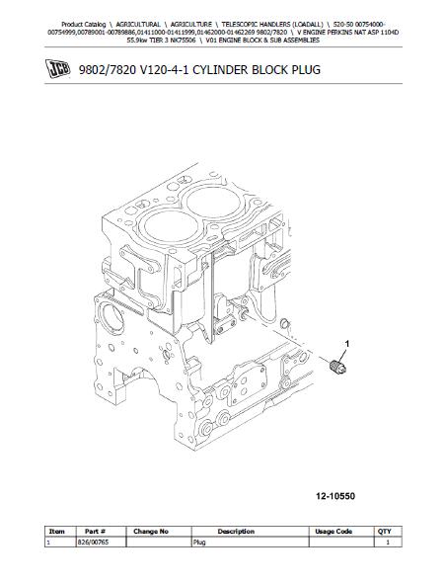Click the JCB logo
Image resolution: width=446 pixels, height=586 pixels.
pos(58,69)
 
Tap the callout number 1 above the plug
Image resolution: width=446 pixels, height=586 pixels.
pos(347,344)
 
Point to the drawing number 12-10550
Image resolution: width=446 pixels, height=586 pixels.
pos(335,496)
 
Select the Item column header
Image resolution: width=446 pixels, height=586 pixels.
pos(56,531)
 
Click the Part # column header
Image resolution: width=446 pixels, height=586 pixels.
pos(95,531)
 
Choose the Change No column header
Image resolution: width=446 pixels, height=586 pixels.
pos(151,531)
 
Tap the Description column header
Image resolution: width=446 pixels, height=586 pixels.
pos(236,531)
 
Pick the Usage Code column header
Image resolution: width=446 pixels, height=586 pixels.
pos(334,531)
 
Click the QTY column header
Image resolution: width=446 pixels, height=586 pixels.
pos(385,531)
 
